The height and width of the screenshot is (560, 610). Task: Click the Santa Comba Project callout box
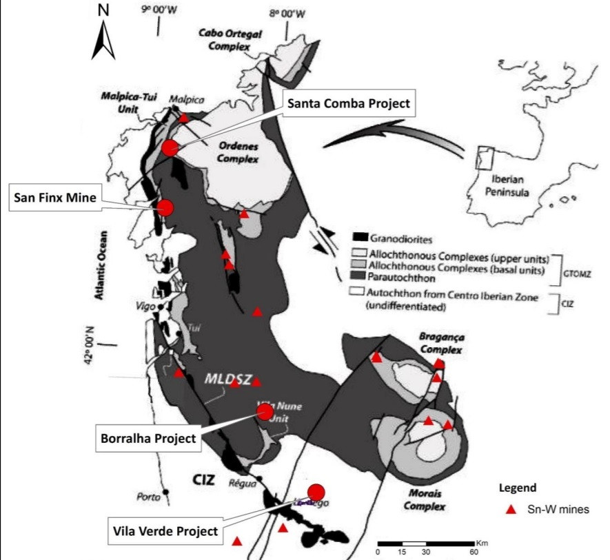click(x=348, y=104)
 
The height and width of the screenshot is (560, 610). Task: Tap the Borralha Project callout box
click(x=145, y=438)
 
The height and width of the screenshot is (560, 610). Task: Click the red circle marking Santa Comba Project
click(x=170, y=147)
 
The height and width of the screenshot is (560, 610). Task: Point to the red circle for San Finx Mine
click(x=165, y=207)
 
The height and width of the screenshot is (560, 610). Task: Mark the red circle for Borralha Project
click(x=265, y=412)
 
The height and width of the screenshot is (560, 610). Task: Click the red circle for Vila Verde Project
click(x=316, y=491)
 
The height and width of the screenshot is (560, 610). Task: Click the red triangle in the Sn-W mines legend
click(x=511, y=510)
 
